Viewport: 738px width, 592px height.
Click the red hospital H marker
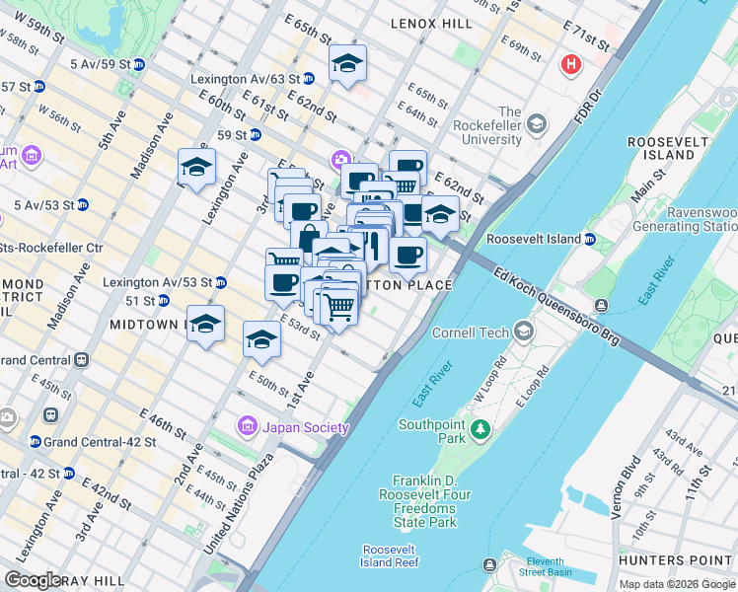570,66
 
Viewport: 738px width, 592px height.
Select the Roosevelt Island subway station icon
590,239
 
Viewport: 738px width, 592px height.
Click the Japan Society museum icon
248,426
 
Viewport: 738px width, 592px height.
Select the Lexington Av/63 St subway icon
309,77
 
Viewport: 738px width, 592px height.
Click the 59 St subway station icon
255,135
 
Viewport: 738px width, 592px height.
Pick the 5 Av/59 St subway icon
139,65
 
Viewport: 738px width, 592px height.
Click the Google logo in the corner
33,579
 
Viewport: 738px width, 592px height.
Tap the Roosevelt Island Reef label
391,555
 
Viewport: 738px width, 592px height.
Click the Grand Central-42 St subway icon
36,442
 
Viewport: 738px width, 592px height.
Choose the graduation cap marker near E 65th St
347,63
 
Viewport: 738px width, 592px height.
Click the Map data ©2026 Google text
676,584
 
